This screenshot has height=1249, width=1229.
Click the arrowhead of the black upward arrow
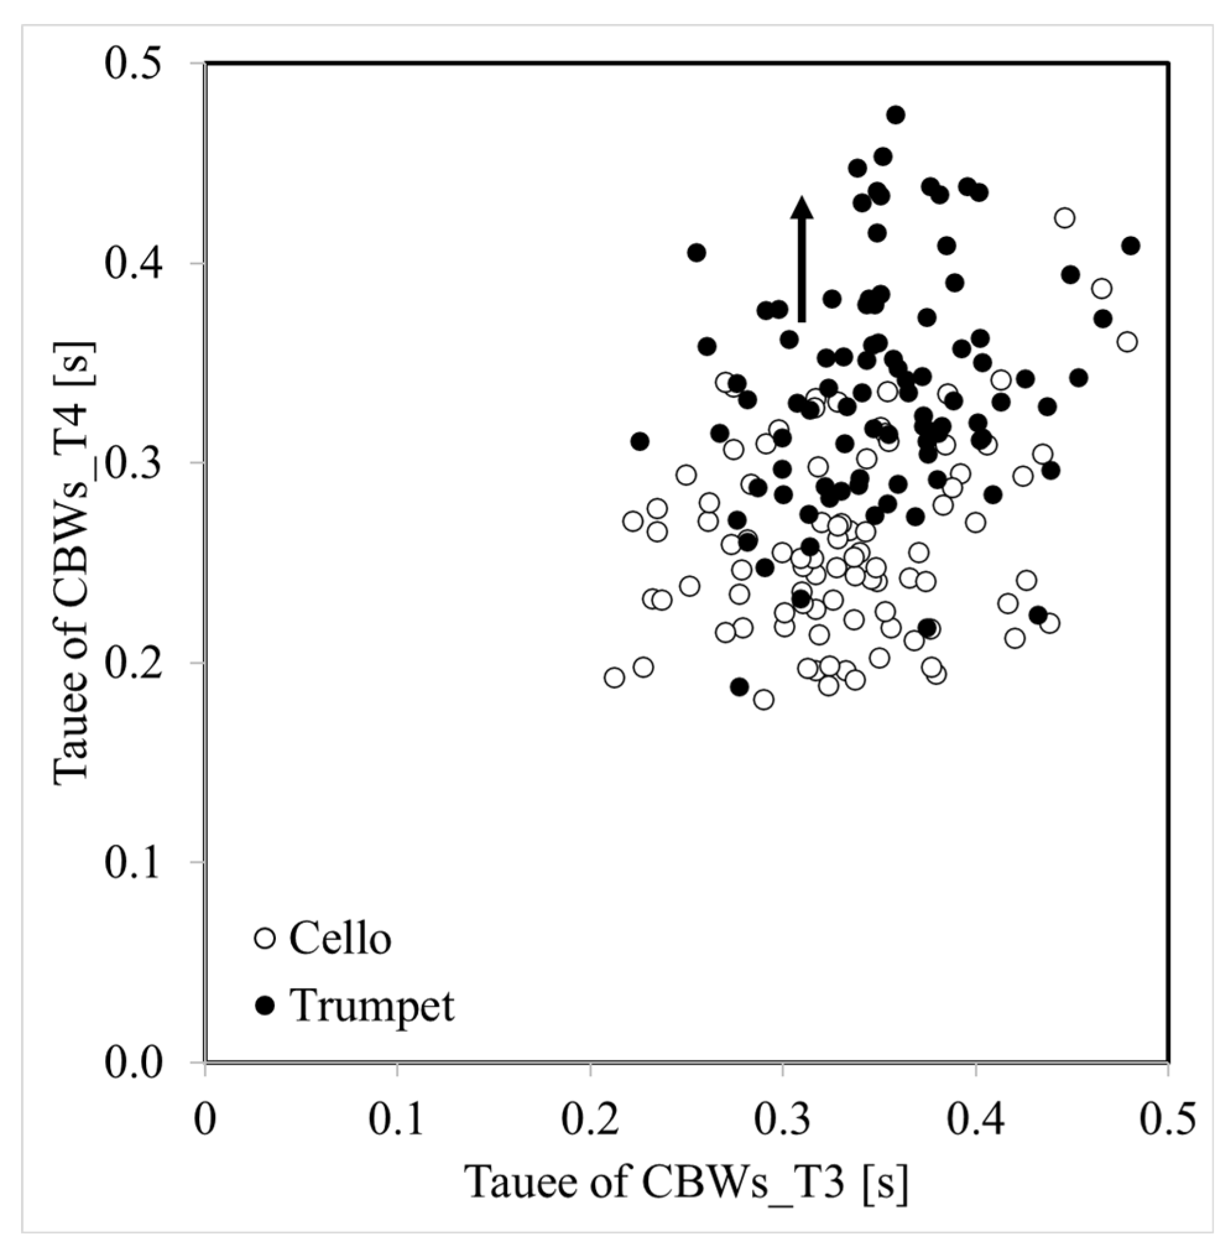[802, 208]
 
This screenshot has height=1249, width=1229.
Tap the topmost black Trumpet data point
[895, 115]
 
